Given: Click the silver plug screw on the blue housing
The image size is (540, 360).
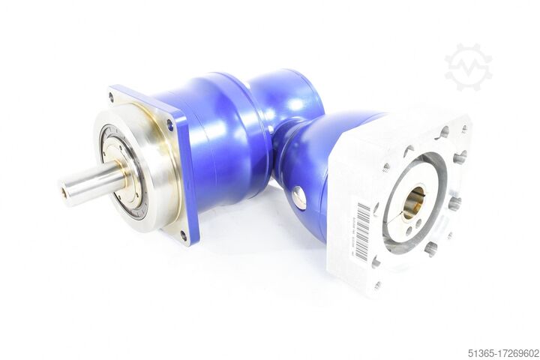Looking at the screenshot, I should coord(298,198).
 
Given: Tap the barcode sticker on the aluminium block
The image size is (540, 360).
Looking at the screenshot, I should coord(363,232).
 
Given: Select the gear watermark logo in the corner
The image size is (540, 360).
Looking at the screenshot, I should coord(468,67).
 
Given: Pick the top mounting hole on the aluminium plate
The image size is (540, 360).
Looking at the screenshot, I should coord(443,133).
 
